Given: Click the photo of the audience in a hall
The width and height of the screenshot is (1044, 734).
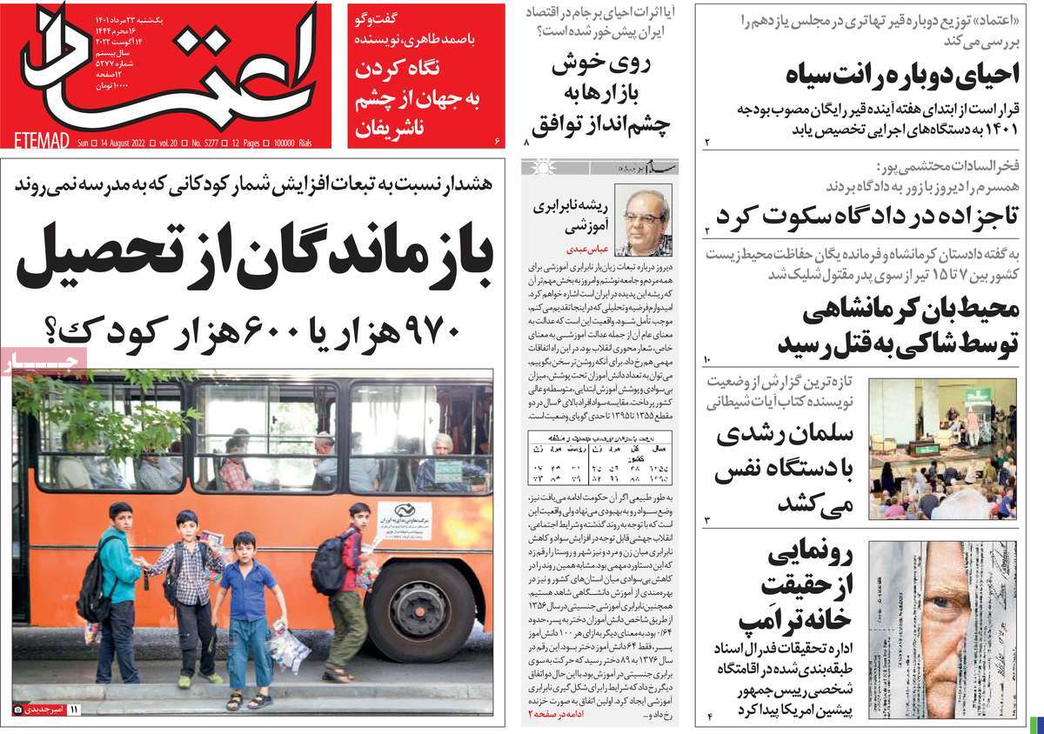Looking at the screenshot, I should click(941, 448).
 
